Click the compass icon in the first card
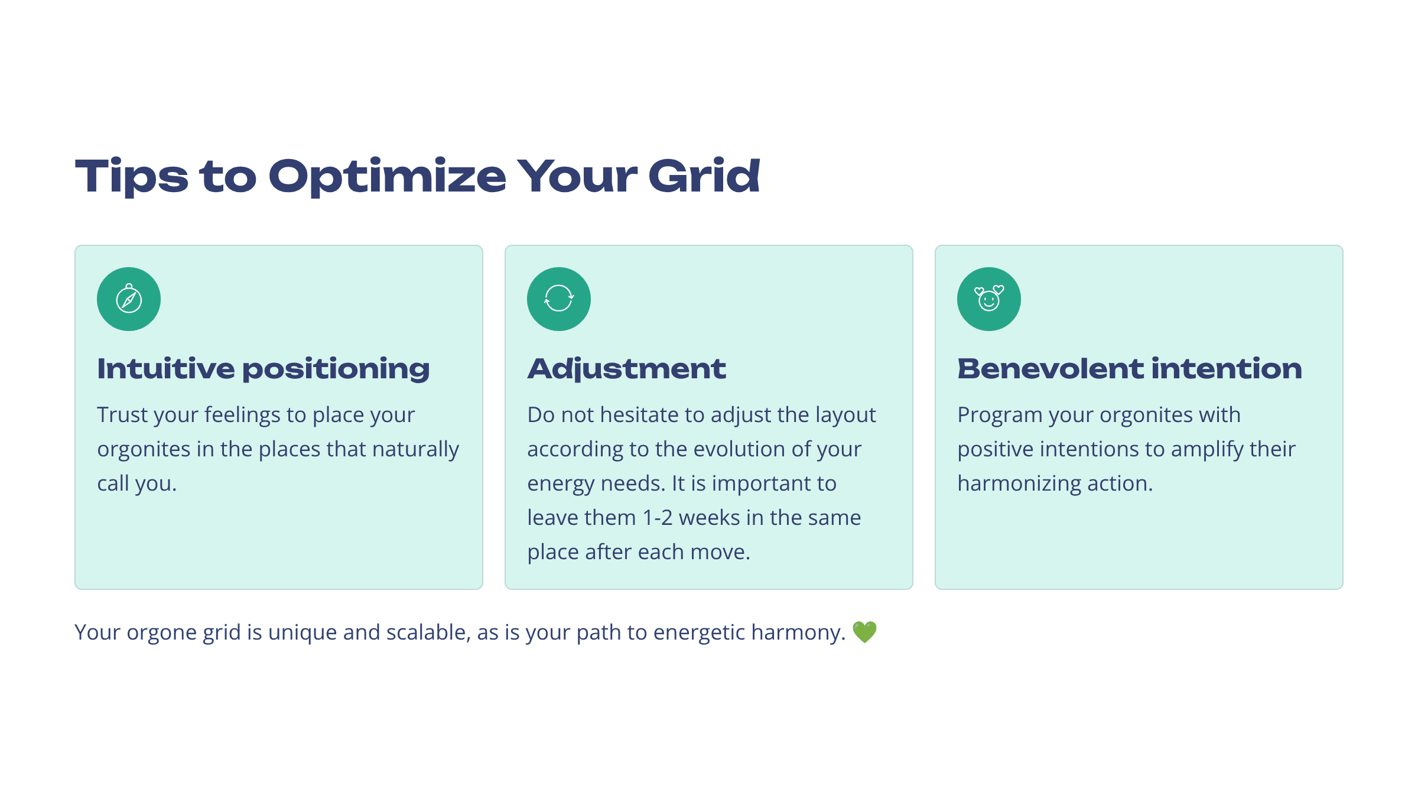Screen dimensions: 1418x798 coord(129,299)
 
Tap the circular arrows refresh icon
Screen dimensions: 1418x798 coord(559,299)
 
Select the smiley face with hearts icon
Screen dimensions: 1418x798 coord(989,299)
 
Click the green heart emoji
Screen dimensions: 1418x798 coord(864,632)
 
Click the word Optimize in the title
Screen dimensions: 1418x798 coord(388,177)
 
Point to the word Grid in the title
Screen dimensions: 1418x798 coord(704,176)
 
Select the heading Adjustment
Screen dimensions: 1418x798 coord(626,369)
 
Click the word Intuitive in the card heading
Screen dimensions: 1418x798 coord(165,368)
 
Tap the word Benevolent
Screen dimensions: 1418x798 coord(1051,368)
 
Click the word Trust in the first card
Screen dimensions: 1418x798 coord(122,415)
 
